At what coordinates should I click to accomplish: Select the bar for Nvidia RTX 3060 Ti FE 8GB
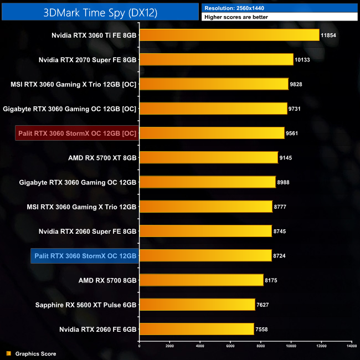tap(229, 35)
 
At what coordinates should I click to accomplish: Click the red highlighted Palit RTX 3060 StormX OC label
tap(84, 133)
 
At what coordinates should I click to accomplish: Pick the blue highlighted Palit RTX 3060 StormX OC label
tap(85, 256)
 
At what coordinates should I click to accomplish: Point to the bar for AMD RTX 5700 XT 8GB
tap(208, 158)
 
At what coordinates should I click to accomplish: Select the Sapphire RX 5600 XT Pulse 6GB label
tap(86, 305)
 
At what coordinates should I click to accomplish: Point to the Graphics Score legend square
tap(8, 353)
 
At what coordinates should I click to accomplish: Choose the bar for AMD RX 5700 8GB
tap(201, 280)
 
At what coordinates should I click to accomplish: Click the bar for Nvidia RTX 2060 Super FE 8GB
tap(205, 232)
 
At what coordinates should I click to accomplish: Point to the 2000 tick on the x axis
tap(169, 346)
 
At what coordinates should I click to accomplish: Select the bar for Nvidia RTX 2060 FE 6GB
tap(197, 330)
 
